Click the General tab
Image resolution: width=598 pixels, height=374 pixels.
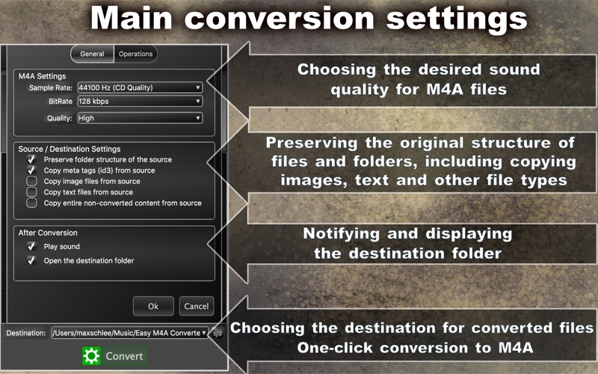92,54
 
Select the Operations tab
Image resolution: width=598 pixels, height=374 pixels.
135,54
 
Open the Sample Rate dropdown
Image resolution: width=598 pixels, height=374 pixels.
140,88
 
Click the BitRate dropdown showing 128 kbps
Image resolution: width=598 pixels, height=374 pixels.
140,101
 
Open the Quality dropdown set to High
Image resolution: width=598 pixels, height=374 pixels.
140,118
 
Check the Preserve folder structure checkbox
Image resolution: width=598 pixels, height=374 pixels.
31,159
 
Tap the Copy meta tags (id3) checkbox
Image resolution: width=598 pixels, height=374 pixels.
31,171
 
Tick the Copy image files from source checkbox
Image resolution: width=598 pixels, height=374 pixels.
31,181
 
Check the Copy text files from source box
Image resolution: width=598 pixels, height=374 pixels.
31,191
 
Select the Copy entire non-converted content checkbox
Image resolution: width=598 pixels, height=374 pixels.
31,203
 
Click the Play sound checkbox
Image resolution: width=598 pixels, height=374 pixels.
31,246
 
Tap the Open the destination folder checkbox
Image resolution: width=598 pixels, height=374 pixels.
31,260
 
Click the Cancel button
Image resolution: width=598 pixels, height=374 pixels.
197,306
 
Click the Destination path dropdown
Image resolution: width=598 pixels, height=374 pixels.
130,333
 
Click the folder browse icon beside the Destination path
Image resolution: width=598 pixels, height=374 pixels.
218,333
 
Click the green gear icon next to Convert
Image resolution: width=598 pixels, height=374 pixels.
91,356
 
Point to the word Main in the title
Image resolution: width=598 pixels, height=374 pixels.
132,18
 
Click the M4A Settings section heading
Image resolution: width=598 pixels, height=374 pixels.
42,76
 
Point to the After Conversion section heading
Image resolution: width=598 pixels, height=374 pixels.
48,233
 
